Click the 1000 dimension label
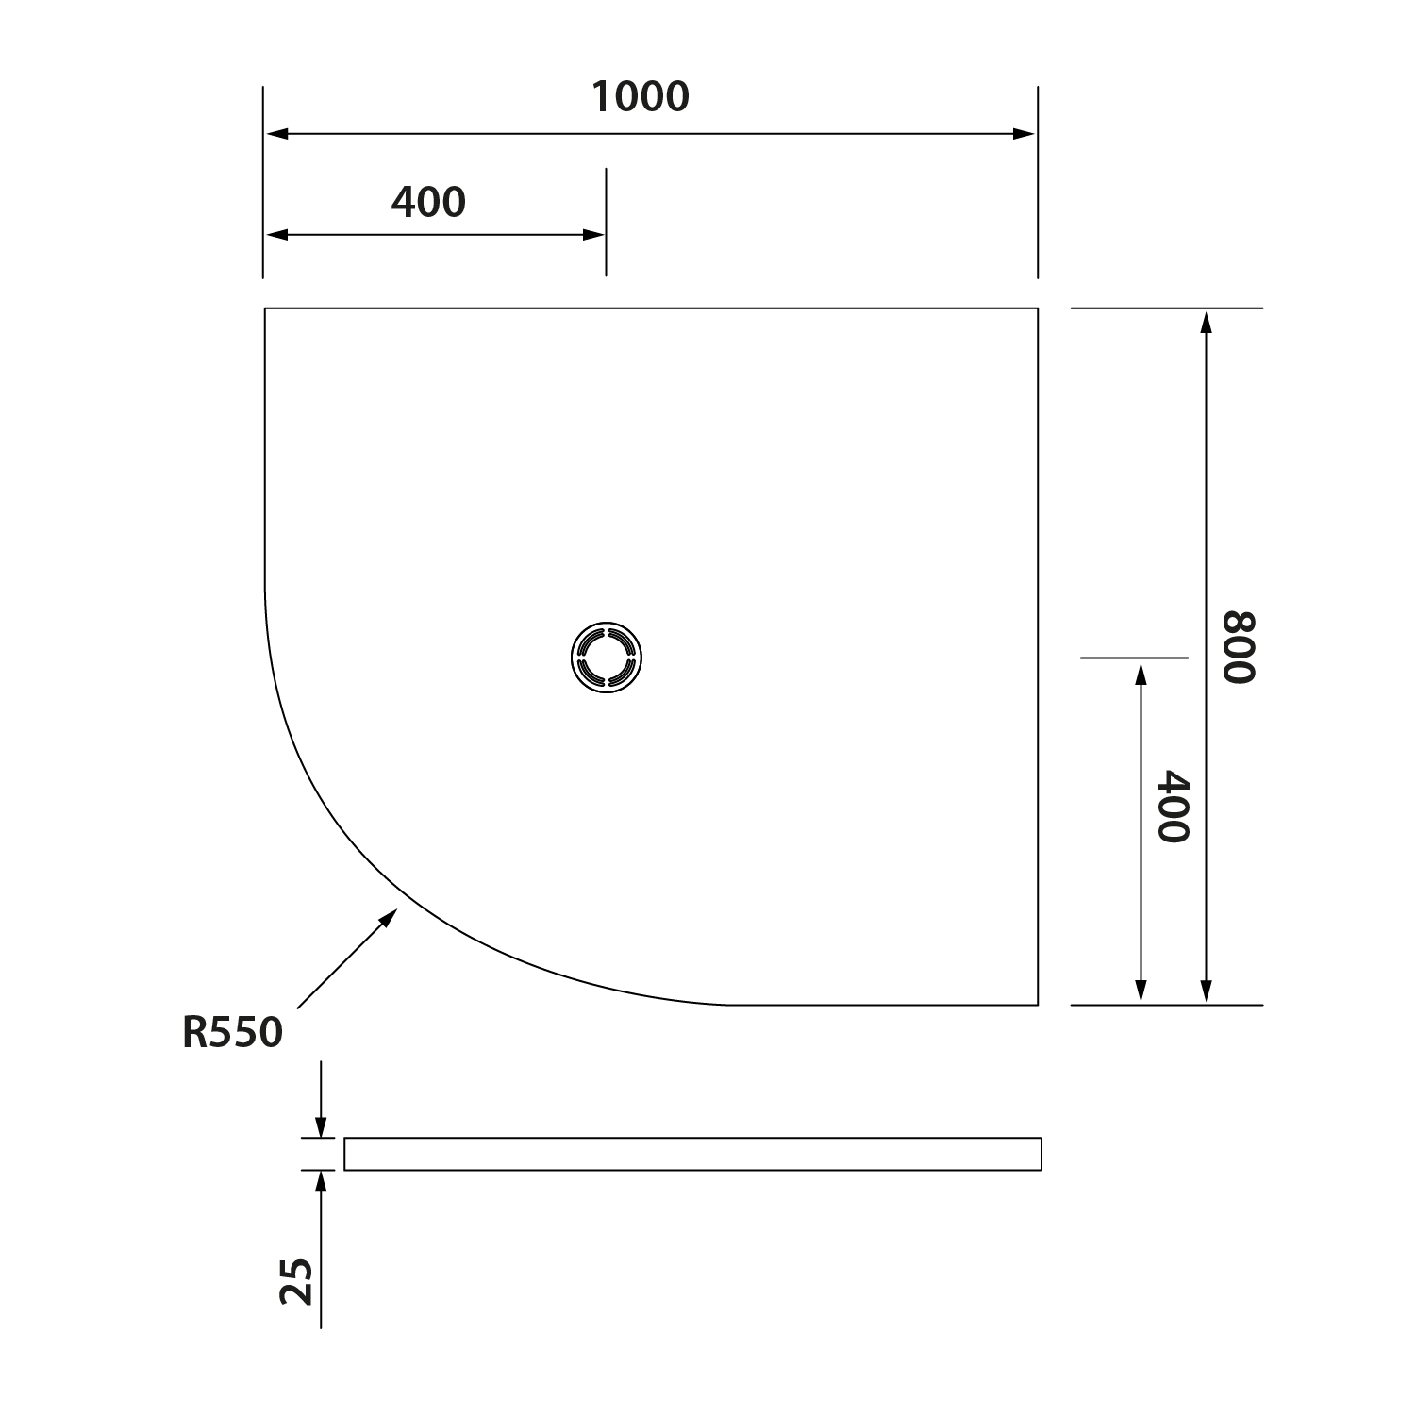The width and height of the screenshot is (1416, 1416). coord(641,96)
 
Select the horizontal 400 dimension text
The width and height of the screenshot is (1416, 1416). coord(428,202)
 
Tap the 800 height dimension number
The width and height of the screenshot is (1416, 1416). coord(1240,647)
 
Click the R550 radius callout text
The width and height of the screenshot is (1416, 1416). coord(232,1033)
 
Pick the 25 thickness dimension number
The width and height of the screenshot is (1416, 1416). coord(297,1281)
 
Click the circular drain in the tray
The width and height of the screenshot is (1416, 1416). coord(607,657)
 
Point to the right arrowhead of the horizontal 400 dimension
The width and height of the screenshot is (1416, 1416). coord(594,235)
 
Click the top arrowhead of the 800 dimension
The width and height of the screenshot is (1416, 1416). coord(1205,322)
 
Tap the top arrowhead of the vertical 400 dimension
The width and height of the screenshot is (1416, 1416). coord(1141,674)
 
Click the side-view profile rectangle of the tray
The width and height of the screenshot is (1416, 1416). coord(692,1154)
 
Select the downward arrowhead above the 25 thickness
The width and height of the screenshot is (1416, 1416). coord(321,1126)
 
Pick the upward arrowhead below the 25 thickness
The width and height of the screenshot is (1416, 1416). coord(321,1181)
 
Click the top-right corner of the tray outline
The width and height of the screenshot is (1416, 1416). coord(1038,308)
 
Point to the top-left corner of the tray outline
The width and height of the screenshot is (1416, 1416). coord(265,308)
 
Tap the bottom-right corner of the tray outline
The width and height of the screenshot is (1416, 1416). coord(1038,1005)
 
